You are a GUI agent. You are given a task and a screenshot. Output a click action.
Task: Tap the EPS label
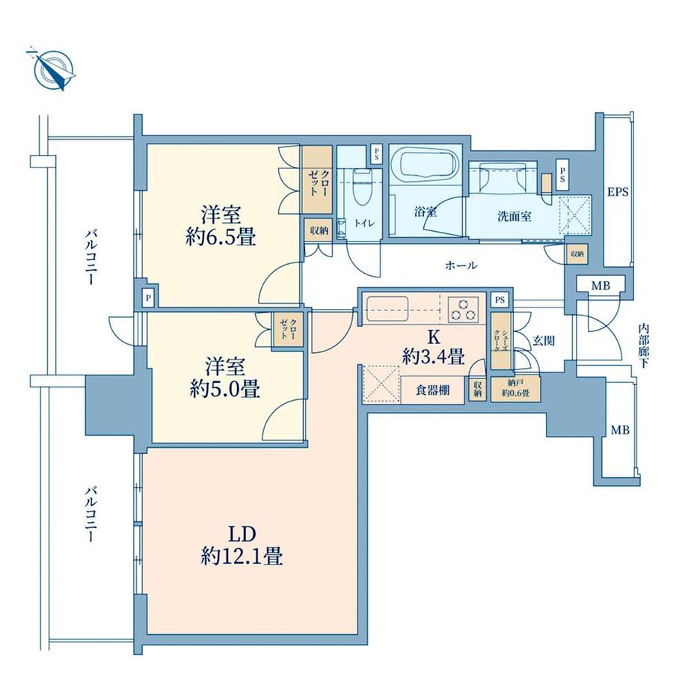tap(617, 192)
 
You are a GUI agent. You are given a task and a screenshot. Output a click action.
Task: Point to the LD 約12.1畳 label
tap(242, 545)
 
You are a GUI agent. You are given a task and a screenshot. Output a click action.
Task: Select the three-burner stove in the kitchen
tap(467, 307)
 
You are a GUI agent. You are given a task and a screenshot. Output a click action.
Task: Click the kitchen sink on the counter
tap(385, 307)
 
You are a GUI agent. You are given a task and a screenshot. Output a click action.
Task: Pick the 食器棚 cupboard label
tap(433, 390)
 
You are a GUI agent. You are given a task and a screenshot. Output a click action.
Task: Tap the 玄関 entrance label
tap(543, 341)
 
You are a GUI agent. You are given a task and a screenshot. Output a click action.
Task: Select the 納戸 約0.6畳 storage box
tap(515, 390)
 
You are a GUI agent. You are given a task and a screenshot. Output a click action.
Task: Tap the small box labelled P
tap(149, 298)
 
